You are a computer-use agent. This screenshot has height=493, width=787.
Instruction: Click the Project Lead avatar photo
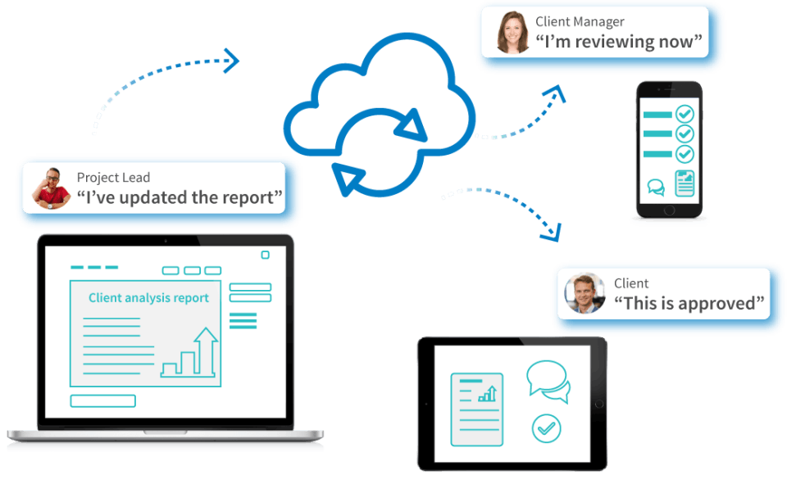[x=51, y=188]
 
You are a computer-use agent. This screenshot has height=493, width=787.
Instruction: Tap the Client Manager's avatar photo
[x=512, y=32]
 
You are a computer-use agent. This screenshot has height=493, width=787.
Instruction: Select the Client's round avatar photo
[x=585, y=293]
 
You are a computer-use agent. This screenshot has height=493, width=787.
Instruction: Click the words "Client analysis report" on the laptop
[x=148, y=298]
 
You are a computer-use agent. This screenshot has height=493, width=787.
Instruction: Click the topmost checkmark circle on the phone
[x=684, y=114]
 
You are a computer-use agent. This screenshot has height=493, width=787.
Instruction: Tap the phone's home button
[x=669, y=210]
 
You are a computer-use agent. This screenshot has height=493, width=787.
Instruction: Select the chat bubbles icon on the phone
[x=656, y=187]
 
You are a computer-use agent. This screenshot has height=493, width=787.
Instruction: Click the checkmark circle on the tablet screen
[x=546, y=428]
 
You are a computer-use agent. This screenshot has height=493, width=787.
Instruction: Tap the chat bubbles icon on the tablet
[x=548, y=381]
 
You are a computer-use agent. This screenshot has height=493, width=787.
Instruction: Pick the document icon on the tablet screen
[x=477, y=409]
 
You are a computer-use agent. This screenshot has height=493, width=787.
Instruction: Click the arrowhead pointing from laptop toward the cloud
[x=231, y=61]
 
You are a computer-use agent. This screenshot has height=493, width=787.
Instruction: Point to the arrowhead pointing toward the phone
[x=556, y=93]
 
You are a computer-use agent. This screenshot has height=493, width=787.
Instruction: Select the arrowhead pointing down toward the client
[x=552, y=233]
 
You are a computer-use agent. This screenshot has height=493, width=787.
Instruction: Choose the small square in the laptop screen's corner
[x=266, y=255]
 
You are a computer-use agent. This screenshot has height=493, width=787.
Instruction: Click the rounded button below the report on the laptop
[x=103, y=400]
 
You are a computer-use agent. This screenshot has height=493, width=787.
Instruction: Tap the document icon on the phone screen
[x=685, y=183]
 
